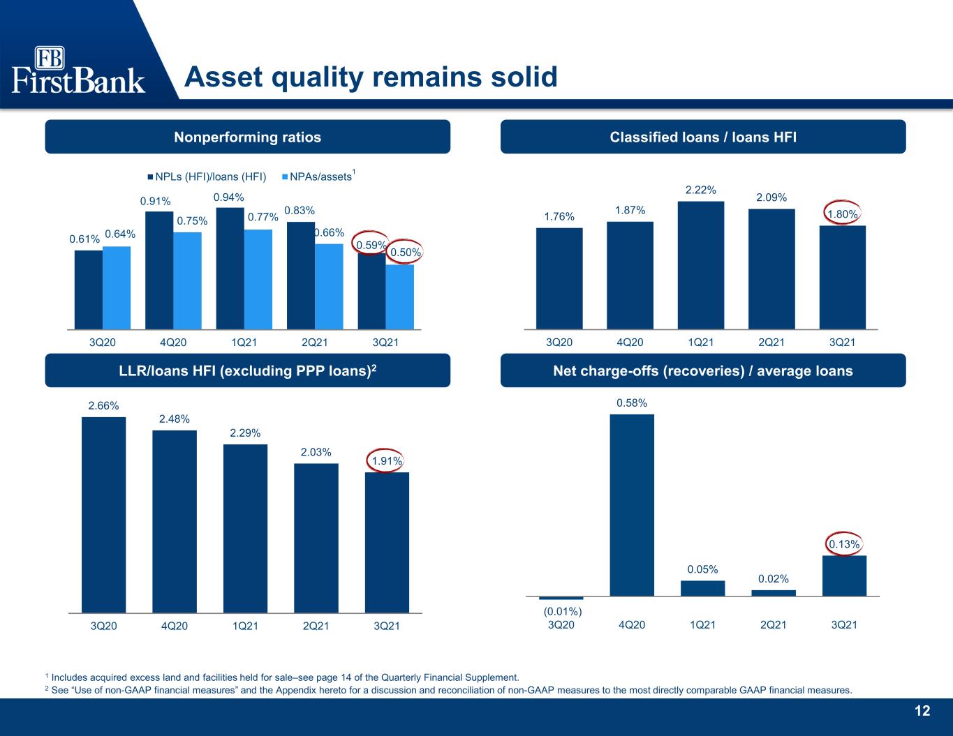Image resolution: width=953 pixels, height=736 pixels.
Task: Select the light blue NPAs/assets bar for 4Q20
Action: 187,280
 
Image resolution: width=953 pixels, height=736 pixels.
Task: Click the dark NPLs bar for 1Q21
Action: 230,268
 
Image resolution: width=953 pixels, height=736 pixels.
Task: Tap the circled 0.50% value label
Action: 405,253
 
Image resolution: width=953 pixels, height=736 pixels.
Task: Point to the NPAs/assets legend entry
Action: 318,176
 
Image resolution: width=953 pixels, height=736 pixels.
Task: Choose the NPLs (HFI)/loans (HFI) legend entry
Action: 207,177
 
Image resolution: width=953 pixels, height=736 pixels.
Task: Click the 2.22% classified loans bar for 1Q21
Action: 701,265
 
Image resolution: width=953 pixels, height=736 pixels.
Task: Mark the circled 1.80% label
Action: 842,213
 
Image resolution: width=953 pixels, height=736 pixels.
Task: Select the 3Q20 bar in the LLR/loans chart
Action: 103,515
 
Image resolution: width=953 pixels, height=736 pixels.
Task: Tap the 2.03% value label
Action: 316,451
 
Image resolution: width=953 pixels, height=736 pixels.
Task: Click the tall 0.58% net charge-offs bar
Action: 632,505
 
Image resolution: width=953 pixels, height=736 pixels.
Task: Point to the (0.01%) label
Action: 563,610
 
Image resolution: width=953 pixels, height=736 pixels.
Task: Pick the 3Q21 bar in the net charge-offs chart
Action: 844,576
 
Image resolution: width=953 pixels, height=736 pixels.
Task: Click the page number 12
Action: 922,711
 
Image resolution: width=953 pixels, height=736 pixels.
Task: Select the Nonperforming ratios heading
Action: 247,137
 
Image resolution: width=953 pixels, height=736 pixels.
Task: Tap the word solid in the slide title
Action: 524,77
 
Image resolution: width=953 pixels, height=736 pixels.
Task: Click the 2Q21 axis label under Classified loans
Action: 771,342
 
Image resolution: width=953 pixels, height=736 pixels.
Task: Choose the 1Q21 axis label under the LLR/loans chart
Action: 245,626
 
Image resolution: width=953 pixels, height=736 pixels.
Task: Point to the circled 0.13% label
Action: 844,544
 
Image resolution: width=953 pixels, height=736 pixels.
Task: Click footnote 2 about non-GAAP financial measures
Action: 449,690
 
